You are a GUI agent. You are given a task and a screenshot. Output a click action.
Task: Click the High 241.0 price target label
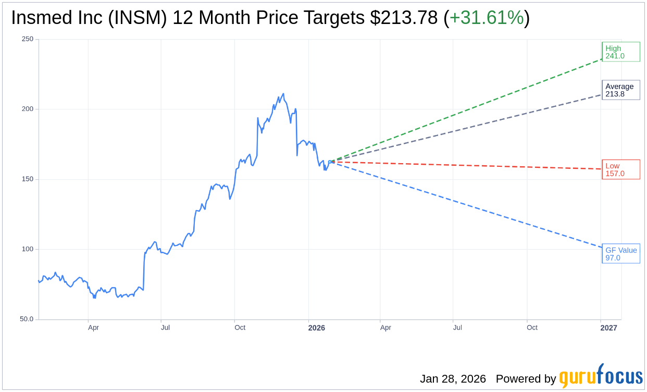620,52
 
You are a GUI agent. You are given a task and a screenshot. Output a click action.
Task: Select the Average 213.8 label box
620,90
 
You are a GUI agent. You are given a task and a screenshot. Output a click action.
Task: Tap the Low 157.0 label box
620,169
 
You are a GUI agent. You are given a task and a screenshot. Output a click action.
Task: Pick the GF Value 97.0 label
620,254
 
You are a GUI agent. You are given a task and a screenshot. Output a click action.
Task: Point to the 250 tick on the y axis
28,39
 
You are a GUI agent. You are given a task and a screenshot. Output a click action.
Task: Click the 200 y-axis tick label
28,109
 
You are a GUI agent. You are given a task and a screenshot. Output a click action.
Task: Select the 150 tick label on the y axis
28,179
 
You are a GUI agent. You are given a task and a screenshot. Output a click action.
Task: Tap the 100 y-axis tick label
28,249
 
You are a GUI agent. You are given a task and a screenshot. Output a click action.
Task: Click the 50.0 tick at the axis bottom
27,319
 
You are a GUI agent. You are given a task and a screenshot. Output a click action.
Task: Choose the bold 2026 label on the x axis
316,328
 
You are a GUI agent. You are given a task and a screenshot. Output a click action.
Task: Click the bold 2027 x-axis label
608,328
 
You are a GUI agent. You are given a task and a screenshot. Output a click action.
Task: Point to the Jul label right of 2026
457,328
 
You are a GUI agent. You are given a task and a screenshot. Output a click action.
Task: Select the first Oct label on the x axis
240,328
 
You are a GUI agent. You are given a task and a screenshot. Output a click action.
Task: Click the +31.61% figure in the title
487,18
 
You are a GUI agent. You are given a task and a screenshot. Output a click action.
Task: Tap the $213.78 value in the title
404,18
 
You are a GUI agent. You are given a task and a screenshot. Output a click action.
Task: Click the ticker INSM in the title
142,18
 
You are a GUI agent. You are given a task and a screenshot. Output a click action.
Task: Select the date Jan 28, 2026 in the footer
453,379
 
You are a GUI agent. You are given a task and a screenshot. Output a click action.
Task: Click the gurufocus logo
601,376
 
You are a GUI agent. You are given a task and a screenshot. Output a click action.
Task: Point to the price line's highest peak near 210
283,94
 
